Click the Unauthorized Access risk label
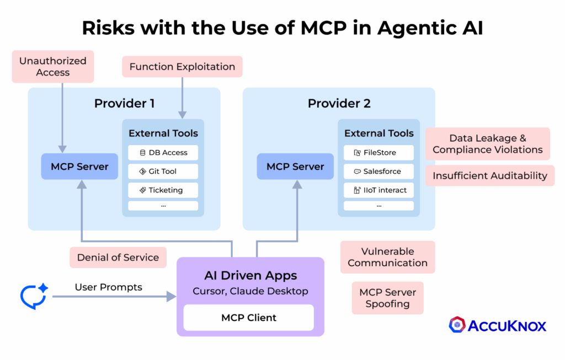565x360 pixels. coord(53,67)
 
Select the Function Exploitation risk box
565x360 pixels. coord(182,67)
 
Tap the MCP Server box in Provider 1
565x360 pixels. coord(80,166)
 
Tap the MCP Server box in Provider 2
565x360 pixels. coord(295,166)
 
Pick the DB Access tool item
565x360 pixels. coord(163,153)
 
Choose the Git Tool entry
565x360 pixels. coord(163,171)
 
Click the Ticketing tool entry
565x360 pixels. coord(163,190)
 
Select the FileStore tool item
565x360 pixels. coord(379,153)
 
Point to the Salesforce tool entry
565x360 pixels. coord(379,171)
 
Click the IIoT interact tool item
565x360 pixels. coord(379,190)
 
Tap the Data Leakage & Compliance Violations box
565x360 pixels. coord(487,144)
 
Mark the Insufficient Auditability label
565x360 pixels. coord(489,176)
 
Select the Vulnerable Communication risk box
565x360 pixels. coord(387,257)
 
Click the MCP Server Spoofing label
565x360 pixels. coord(387,298)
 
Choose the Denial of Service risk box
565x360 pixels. coord(118,257)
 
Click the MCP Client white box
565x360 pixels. coord(248,318)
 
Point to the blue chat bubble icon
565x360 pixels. coord(34,296)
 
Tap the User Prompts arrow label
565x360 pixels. coord(108,287)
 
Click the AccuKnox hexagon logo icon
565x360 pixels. coord(457,325)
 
